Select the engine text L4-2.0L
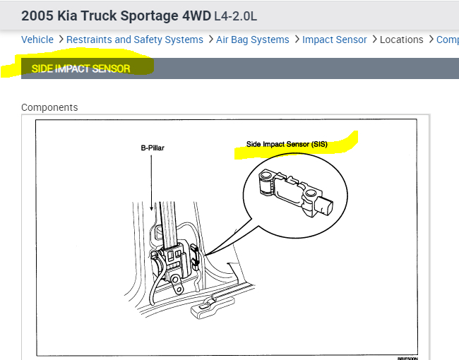236,15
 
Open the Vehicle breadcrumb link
37,40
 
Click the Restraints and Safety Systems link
135,40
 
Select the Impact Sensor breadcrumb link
335,40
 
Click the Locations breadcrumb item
402,40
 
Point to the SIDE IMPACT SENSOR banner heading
81,68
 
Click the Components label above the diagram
49,107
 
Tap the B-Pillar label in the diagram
152,148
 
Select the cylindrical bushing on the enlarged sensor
268,182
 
